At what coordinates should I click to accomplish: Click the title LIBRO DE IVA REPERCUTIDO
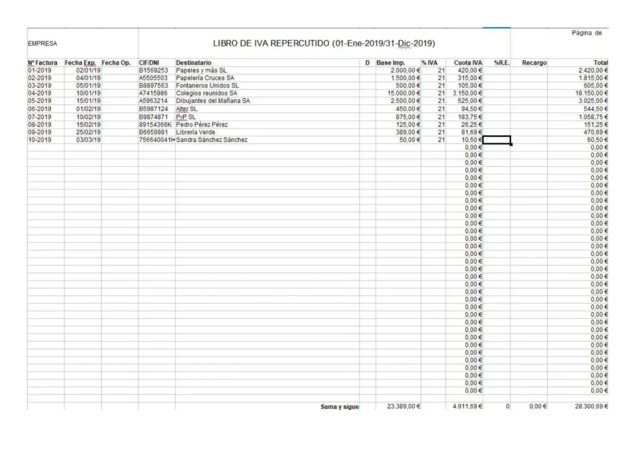tap(324, 43)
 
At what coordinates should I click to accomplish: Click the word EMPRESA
tap(42, 44)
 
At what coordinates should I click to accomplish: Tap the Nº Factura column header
tap(43, 63)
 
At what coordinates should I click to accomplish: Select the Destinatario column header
tap(193, 63)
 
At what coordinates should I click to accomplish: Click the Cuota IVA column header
tap(468, 63)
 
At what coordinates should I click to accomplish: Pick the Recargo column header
tap(534, 63)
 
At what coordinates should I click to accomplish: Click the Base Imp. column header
tap(391, 63)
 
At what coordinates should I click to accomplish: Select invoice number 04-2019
tap(40, 93)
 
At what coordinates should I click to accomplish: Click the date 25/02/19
tap(88, 132)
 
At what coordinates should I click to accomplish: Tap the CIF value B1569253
tap(153, 71)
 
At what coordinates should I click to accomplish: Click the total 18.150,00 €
tap(590, 93)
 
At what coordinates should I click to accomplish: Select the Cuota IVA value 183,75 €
tap(470, 117)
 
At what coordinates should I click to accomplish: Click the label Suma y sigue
tap(339, 407)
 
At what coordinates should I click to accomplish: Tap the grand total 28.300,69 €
tap(587, 407)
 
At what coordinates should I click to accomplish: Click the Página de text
tap(586, 33)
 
